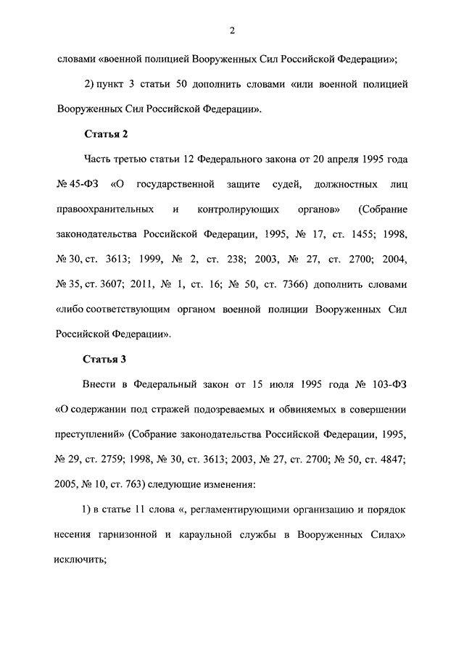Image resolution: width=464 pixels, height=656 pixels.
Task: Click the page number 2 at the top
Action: (231, 30)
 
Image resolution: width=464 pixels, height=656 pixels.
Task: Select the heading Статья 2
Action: (107, 134)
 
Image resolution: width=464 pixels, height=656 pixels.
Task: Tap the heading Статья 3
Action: (107, 360)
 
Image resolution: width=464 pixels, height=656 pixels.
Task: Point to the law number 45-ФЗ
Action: (76, 184)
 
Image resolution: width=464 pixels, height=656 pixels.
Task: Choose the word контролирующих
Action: (237, 209)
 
